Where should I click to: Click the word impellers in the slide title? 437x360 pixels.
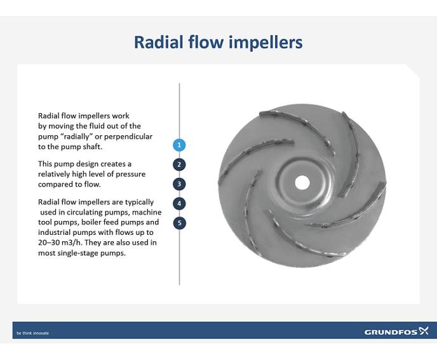point(266,43)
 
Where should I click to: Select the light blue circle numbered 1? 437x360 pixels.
point(180,145)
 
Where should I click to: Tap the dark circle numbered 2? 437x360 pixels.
point(180,164)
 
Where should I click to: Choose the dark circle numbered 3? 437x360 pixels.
point(180,184)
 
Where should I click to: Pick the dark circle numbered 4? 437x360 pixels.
point(180,204)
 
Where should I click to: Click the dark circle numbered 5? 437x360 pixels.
point(180,223)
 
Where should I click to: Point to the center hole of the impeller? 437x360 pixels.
point(302,182)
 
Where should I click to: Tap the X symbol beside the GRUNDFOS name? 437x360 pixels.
point(424,331)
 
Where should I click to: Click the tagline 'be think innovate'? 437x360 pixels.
point(32,333)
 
